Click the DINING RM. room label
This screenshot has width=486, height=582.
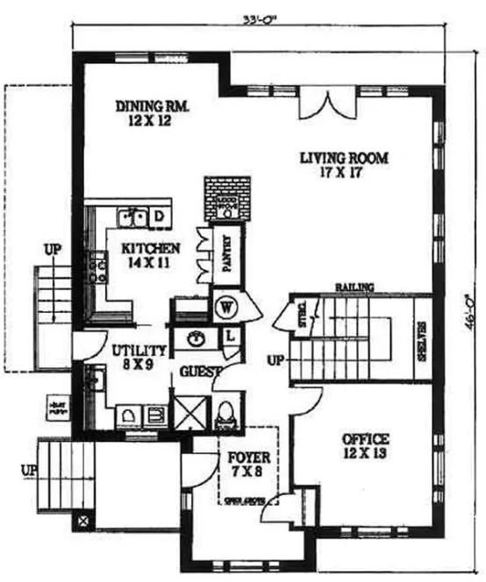click(x=153, y=114)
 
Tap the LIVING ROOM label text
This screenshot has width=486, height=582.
click(x=343, y=165)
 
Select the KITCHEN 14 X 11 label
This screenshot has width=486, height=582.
click(x=151, y=254)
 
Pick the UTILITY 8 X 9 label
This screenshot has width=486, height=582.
click(x=134, y=357)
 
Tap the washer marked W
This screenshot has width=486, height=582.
click(x=226, y=309)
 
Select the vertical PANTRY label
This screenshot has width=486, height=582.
click(x=225, y=254)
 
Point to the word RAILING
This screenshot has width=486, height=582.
click(x=354, y=287)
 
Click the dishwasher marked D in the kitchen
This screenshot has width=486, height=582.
click(x=161, y=216)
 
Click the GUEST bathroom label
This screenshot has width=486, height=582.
click(x=198, y=372)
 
